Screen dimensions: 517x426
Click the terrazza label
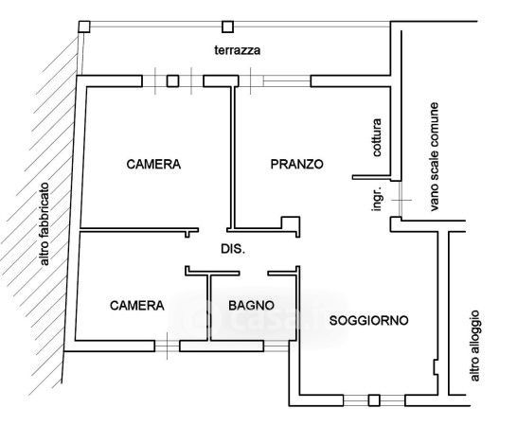(238, 50)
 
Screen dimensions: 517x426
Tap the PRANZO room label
(296, 164)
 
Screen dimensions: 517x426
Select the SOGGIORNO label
(369, 321)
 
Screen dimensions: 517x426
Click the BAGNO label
(251, 306)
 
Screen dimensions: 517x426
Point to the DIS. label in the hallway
(233, 249)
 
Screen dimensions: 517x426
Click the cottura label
(377, 137)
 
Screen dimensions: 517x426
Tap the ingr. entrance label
(377, 198)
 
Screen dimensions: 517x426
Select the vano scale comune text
(434, 156)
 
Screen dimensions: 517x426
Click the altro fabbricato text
(44, 224)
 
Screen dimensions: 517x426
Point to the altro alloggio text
(474, 346)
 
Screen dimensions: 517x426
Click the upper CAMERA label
(153, 164)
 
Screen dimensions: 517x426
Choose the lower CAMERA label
(137, 306)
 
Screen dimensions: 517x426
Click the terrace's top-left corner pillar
(84, 27)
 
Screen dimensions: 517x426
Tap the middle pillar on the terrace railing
(227, 27)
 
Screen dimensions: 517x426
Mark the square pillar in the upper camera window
(172, 81)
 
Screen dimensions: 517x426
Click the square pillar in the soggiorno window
(374, 400)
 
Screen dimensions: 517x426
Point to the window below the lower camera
(168, 346)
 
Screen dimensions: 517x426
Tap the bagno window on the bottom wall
(276, 346)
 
